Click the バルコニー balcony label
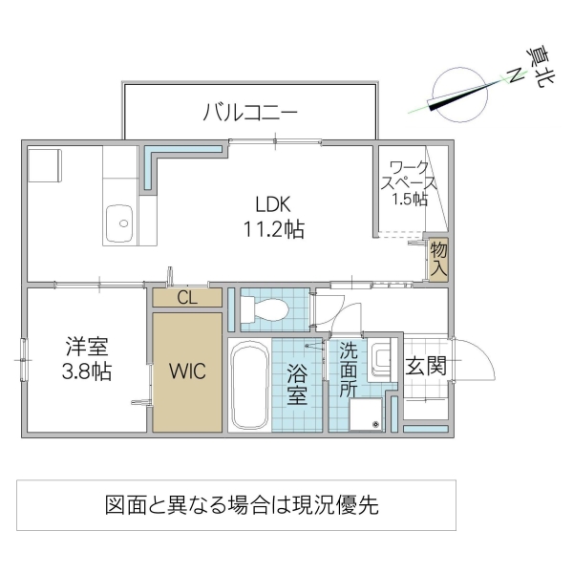coord(250,113)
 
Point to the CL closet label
coord(187,297)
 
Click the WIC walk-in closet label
coord(187,370)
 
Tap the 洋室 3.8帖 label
coord(87,359)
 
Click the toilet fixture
coord(265,308)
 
